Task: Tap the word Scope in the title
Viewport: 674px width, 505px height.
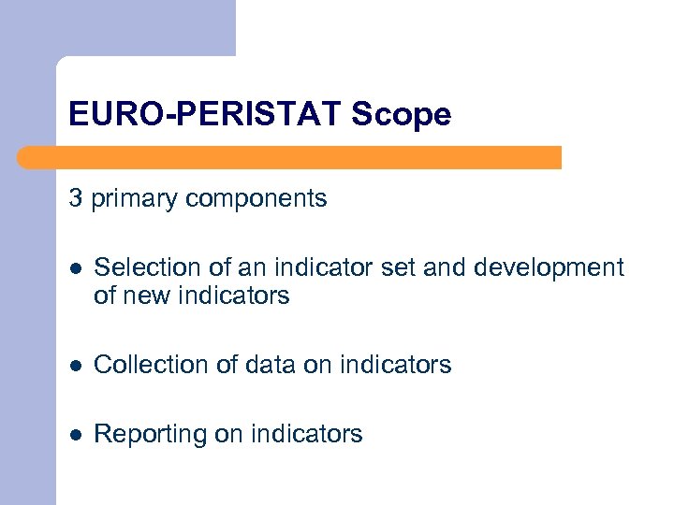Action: (402, 115)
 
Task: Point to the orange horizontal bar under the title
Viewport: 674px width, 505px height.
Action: (290, 157)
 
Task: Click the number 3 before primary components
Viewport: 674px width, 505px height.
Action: (75, 198)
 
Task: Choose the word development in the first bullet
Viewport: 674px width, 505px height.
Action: (549, 267)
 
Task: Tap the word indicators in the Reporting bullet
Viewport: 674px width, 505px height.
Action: (305, 434)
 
